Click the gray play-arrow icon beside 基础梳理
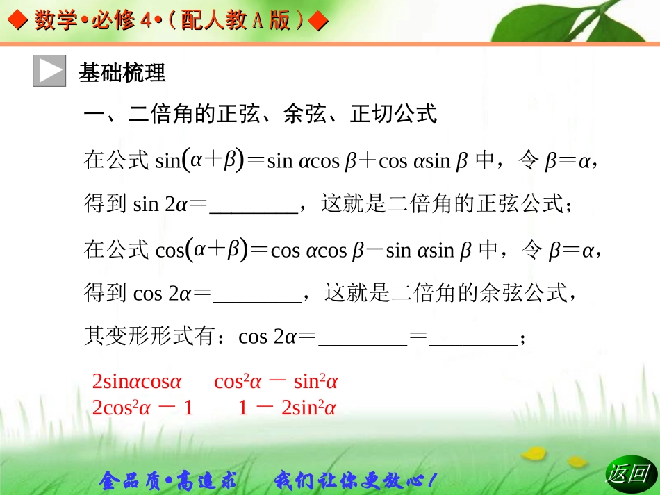(x=49, y=71)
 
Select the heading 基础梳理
(x=122, y=72)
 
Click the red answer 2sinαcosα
(x=137, y=382)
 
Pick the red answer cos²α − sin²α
(x=276, y=382)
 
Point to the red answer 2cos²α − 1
(x=142, y=408)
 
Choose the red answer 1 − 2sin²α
(x=287, y=408)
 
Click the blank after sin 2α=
(x=253, y=206)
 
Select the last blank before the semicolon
(x=473, y=339)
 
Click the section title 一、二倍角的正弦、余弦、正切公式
(x=260, y=113)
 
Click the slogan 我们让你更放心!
(x=356, y=479)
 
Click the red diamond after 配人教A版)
(x=317, y=22)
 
